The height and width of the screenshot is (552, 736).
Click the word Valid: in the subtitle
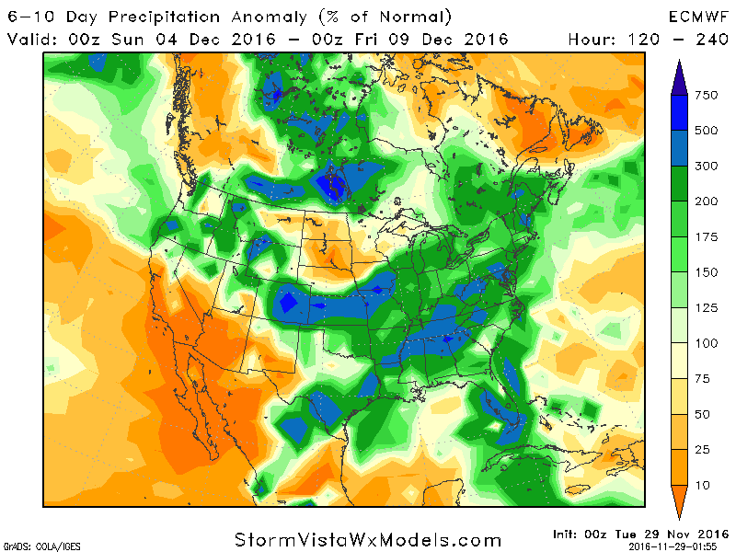[x=35, y=39]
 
